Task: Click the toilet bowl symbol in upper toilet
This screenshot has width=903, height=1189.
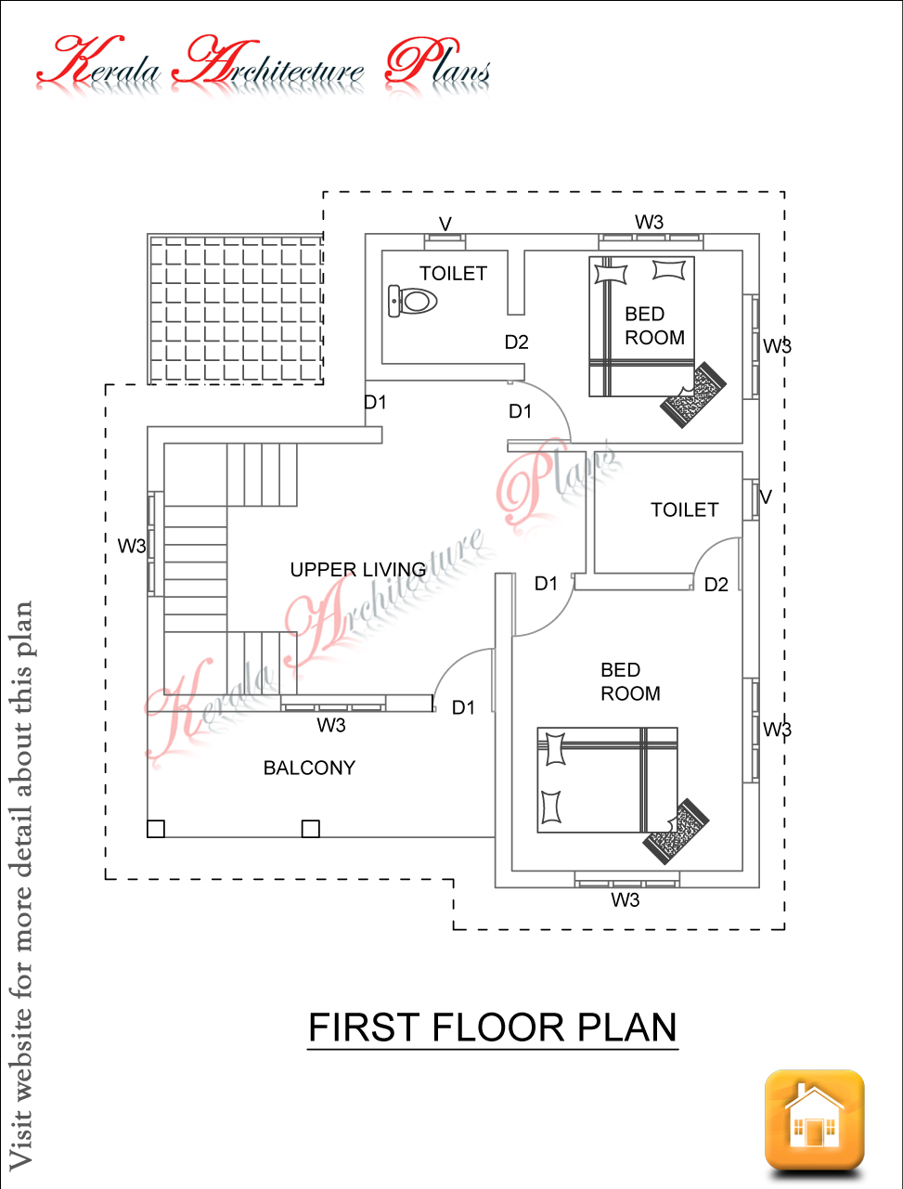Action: (x=412, y=301)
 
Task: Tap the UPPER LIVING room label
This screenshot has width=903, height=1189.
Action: (x=357, y=569)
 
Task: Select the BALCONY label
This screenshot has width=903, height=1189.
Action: (x=309, y=768)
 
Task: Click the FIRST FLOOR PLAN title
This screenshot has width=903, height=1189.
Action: (x=492, y=1027)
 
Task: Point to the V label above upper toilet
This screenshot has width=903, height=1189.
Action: (x=445, y=223)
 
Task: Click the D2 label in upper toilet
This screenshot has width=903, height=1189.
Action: (x=516, y=342)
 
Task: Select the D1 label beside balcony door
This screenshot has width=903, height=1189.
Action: (x=463, y=708)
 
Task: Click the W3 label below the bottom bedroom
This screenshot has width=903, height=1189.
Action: (x=625, y=900)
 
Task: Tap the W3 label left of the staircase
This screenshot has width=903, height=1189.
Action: (x=131, y=547)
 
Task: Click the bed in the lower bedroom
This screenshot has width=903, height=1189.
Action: (x=607, y=780)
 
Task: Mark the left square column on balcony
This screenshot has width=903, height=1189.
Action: (x=156, y=828)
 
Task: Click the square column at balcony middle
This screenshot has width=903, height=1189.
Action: (x=311, y=828)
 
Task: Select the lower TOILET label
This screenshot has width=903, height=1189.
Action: (x=684, y=510)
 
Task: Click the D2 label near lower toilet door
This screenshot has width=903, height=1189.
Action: (x=716, y=585)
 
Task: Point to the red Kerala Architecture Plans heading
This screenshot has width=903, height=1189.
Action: (x=264, y=65)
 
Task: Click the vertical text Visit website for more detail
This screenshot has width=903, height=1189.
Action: (x=20, y=882)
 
